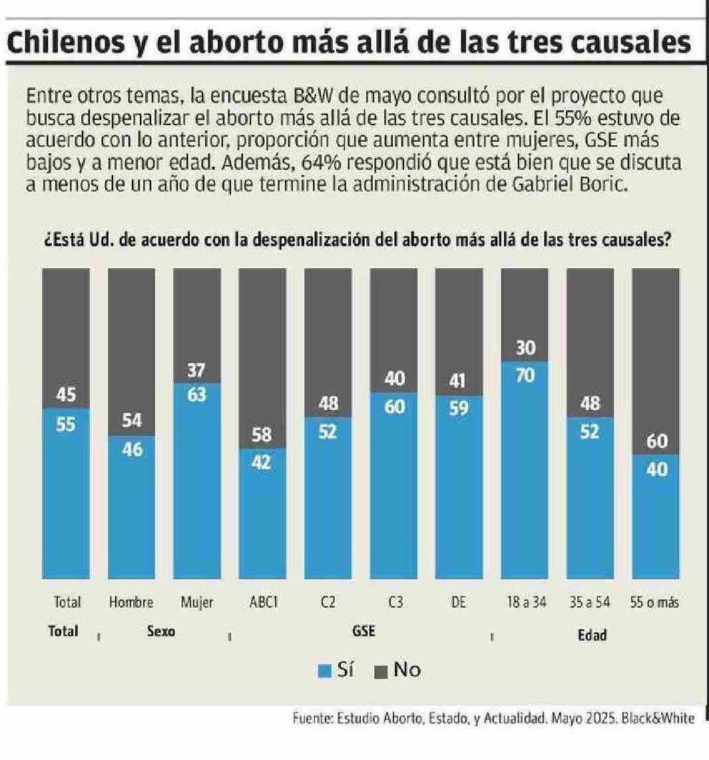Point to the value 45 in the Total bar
pos(66,395)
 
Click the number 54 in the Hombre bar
pos(132,421)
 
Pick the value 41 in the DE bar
pos(459,381)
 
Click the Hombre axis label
pos(131,602)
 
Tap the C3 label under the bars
pos(393,602)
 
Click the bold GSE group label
pos(363,632)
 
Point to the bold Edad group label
pos(592,634)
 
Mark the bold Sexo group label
pos(160,632)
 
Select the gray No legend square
pos(381,671)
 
